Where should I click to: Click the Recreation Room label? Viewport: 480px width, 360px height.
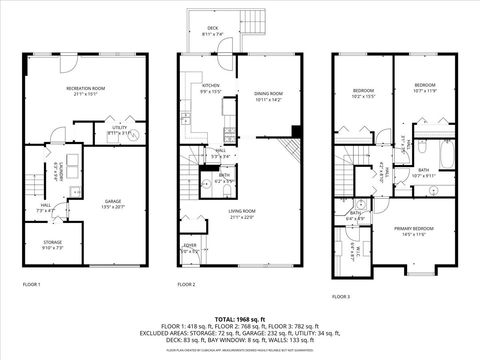pyautogui.click(x=88, y=93)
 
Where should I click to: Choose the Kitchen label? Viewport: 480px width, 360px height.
pyautogui.click(x=211, y=89)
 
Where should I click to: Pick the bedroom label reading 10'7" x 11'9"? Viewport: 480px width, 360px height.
pyautogui.click(x=428, y=88)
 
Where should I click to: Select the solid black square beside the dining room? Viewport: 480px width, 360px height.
pyautogui.click(x=297, y=130)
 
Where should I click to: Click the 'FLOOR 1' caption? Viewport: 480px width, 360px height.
pyautogui.click(x=32, y=285)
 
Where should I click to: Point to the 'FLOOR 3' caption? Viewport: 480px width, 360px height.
pyautogui.click(x=341, y=296)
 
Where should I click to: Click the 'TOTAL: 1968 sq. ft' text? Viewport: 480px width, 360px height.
pyautogui.click(x=240, y=316)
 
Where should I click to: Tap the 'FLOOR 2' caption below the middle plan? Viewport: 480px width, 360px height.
pyautogui.click(x=187, y=285)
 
